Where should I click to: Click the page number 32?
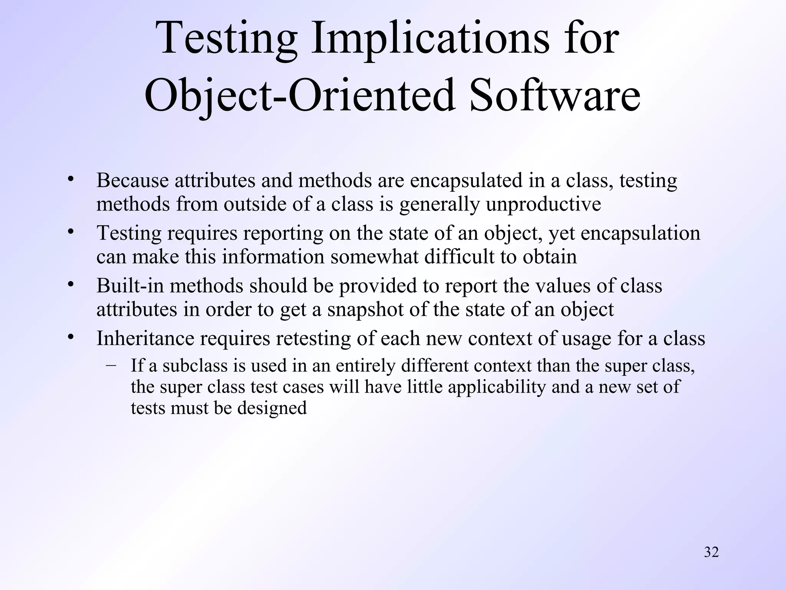[x=711, y=552]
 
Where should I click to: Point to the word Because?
[x=132, y=181]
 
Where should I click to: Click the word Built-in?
[x=130, y=286]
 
